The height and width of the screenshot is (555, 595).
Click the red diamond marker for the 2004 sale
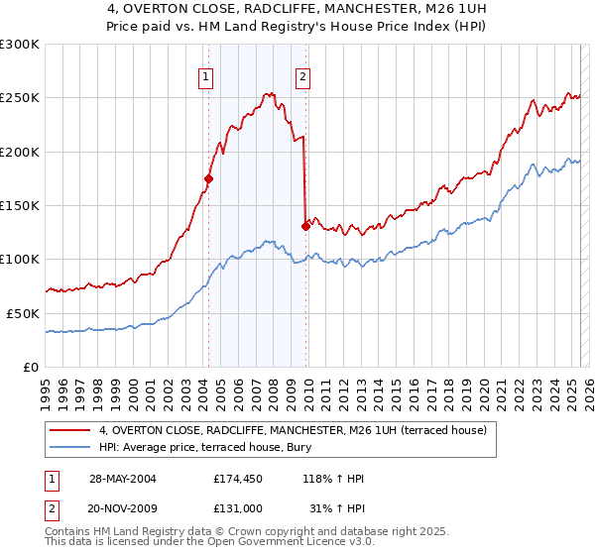[x=208, y=178]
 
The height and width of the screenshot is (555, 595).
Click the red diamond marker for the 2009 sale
[x=305, y=226]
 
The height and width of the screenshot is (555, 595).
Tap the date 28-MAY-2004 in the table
[x=121, y=479]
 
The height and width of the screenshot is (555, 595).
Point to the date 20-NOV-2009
[x=121, y=507]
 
